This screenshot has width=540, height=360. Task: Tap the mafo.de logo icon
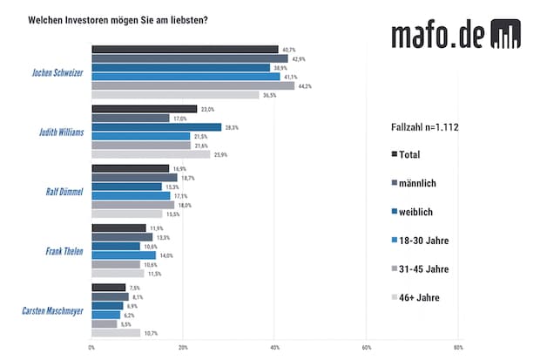[x=505, y=34]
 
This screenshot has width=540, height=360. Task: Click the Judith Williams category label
[x=60, y=132]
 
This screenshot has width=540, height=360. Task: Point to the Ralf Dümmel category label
[x=64, y=192]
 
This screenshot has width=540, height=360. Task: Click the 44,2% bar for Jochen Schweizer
[x=192, y=85]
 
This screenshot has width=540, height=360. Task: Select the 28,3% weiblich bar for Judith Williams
[x=157, y=127]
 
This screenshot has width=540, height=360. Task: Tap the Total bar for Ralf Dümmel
[x=131, y=168]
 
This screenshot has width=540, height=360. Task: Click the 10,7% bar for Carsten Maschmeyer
[x=116, y=332]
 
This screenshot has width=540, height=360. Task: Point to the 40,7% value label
[x=287, y=49]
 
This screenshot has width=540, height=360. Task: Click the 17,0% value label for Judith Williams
[x=180, y=118]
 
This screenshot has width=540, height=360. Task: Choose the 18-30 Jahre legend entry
[x=424, y=240]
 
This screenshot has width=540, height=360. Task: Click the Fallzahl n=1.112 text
[x=425, y=127]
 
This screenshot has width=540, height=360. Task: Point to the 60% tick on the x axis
[x=367, y=348]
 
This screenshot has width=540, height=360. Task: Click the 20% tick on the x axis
[x=183, y=348]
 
